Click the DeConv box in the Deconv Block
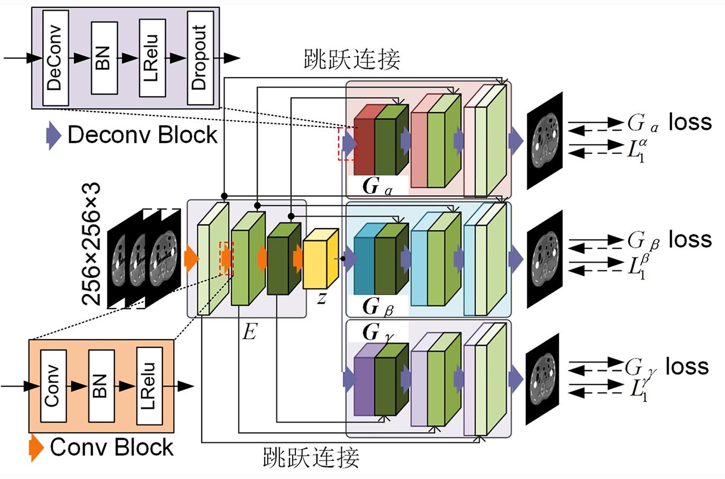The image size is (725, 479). [x=55, y=58]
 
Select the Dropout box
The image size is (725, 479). [x=200, y=58]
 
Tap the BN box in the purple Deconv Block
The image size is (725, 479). [x=104, y=58]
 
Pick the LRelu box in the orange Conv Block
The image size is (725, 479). [x=149, y=386]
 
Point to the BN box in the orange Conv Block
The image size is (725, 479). [x=101, y=386]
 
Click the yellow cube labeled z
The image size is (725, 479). [x=320, y=259]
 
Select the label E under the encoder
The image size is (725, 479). [x=249, y=332]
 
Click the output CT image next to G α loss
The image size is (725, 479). [x=545, y=140]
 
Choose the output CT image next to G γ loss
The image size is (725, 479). [x=542, y=378]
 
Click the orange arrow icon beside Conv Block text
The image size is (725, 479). [x=36, y=448]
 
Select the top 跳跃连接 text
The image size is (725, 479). [x=352, y=60]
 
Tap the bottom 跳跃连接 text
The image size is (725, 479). [x=311, y=457]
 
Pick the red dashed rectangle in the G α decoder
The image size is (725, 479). [x=348, y=143]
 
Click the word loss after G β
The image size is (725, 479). [x=690, y=239]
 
